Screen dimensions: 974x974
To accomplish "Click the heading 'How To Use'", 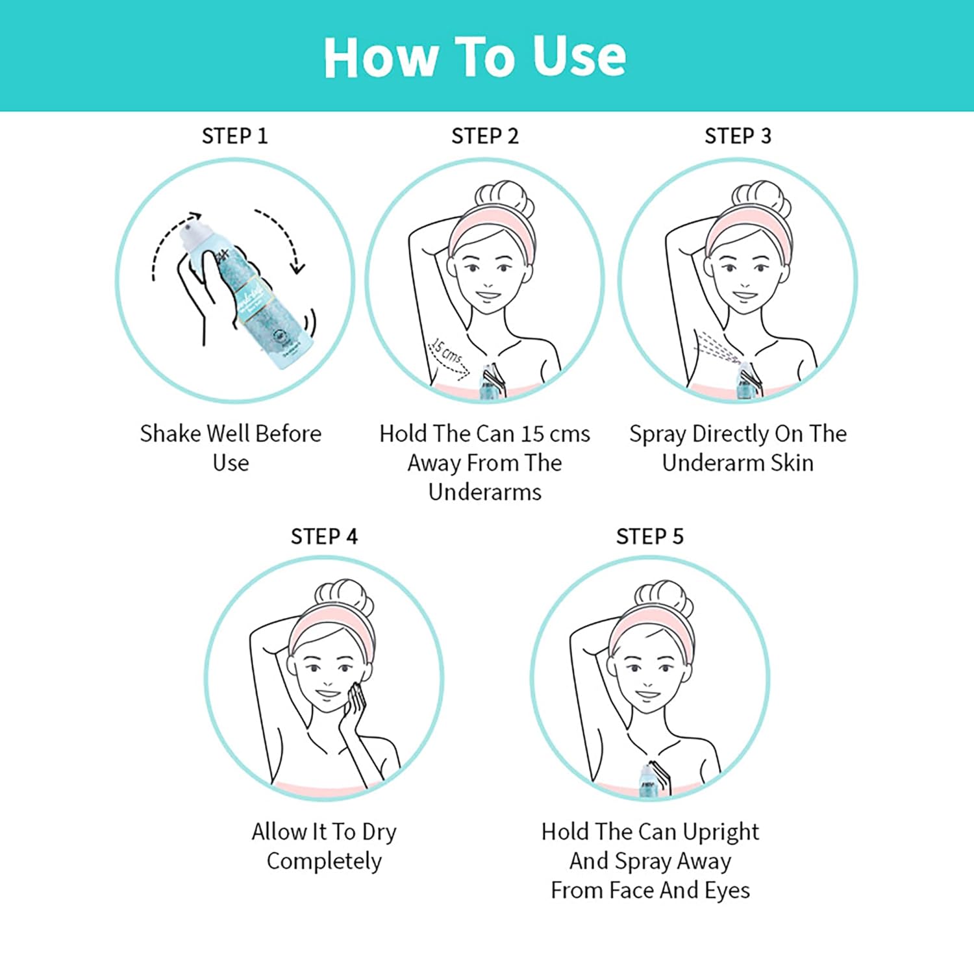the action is pyautogui.click(x=475, y=57).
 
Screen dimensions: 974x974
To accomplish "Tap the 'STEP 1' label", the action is pyautogui.click(x=234, y=136).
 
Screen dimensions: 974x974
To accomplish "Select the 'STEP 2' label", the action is pyautogui.click(x=485, y=136).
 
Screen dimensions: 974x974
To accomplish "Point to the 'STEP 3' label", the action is pyautogui.click(x=738, y=136).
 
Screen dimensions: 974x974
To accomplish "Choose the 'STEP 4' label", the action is pyautogui.click(x=324, y=537).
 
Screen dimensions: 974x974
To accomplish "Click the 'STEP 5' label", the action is pyautogui.click(x=649, y=537).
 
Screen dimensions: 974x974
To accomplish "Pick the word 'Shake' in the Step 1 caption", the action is pyautogui.click(x=170, y=433).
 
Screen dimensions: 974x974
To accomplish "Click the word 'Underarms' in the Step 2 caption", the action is pyautogui.click(x=485, y=492).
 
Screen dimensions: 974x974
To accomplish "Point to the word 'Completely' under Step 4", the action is pyautogui.click(x=324, y=861).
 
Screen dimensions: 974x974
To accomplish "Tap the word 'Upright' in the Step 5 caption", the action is pyautogui.click(x=721, y=832).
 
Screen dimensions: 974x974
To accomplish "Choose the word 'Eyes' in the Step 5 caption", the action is pyautogui.click(x=727, y=890).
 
